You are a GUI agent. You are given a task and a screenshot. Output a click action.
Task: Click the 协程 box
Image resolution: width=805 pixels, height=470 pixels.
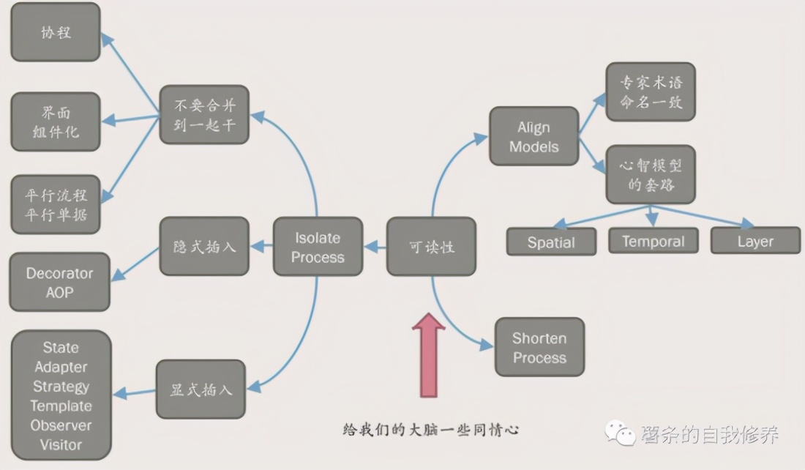pyautogui.click(x=56, y=32)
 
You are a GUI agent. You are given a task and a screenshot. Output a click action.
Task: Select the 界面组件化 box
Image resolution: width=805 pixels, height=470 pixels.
pyautogui.click(x=56, y=122)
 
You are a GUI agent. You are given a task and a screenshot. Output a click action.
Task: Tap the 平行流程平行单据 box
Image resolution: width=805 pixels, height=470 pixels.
pyautogui.click(x=56, y=205)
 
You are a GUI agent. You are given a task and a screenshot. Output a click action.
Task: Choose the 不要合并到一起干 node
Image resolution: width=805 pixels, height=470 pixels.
pyautogui.click(x=205, y=115)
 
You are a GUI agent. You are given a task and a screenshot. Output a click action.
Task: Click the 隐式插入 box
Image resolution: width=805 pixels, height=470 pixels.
pyautogui.click(x=204, y=246)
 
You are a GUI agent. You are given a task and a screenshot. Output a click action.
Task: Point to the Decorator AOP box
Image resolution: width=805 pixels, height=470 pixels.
pyautogui.click(x=59, y=283)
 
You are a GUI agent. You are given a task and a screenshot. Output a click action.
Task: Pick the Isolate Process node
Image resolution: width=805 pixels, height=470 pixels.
pyautogui.click(x=318, y=247)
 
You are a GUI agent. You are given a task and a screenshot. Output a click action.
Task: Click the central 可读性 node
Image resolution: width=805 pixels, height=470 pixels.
pyautogui.click(x=431, y=247)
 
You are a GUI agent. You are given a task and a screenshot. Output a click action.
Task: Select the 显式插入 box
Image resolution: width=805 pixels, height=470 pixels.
pyautogui.click(x=201, y=389)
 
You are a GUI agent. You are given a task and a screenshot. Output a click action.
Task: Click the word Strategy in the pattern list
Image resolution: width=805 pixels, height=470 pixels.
pyautogui.click(x=61, y=387)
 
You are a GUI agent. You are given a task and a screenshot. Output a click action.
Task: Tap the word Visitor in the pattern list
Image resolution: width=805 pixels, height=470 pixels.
pyautogui.click(x=61, y=444)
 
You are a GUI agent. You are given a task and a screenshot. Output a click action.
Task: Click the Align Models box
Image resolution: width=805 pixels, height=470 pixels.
pyautogui.click(x=533, y=137)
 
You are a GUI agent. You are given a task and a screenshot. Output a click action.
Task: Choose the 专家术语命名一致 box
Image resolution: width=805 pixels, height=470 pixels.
pyautogui.click(x=651, y=92)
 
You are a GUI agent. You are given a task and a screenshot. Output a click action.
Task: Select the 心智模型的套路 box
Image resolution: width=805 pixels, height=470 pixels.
pyautogui.click(x=651, y=174)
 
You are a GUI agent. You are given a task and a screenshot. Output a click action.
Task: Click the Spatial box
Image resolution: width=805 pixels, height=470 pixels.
pyautogui.click(x=551, y=242)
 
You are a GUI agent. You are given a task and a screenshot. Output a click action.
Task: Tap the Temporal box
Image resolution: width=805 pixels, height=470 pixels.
pyautogui.click(x=653, y=241)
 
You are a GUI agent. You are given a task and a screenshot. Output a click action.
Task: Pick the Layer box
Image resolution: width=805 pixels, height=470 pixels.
pyautogui.click(x=755, y=241)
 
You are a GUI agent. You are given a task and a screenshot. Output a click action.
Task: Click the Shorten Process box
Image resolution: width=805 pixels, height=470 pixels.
pyautogui.click(x=539, y=348)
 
